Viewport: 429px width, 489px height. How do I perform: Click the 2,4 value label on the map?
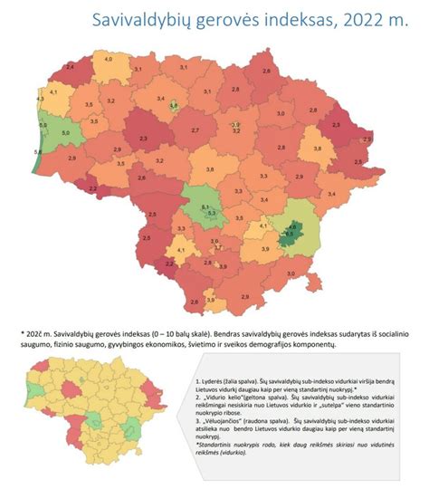click(71, 67)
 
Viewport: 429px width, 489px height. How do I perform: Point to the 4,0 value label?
click(109, 58)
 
